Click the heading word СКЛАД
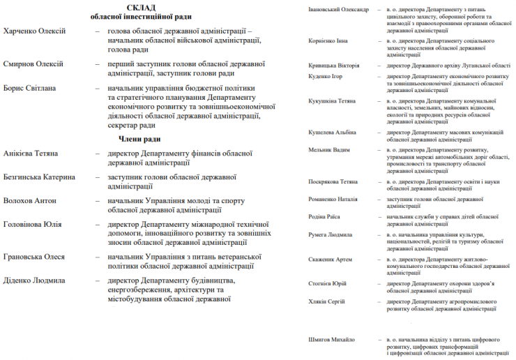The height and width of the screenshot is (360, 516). tap(141, 8)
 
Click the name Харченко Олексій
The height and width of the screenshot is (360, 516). tap(34, 31)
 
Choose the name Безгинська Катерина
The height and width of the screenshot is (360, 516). tap(39, 177)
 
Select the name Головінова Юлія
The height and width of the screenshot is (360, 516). tap(32, 225)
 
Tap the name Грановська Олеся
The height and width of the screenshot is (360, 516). tap(33, 257)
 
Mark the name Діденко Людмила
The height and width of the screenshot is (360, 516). tap(34, 280)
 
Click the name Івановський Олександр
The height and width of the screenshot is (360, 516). tap(338, 9)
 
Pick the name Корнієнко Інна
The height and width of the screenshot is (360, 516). tap(328, 40)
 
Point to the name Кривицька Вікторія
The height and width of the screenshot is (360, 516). tap(334, 65)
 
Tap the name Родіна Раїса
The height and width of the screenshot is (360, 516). tap(324, 217)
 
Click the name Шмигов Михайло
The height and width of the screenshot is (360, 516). tap(331, 340)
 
